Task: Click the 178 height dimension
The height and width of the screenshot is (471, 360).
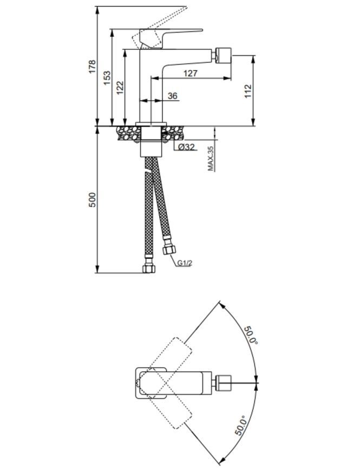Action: (93, 67)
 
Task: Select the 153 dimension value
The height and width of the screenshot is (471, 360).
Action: (107, 78)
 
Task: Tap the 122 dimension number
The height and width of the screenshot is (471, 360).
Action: (120, 88)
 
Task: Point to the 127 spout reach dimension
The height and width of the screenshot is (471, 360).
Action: (191, 73)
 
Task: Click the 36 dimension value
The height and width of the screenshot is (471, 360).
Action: (173, 96)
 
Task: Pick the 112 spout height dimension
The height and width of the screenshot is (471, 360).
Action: (248, 91)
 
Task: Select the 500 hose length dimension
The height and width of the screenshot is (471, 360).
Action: (93, 200)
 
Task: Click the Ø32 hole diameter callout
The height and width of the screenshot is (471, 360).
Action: (186, 147)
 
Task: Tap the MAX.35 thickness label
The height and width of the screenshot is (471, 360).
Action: (211, 159)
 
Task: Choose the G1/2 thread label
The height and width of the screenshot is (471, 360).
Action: (185, 263)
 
